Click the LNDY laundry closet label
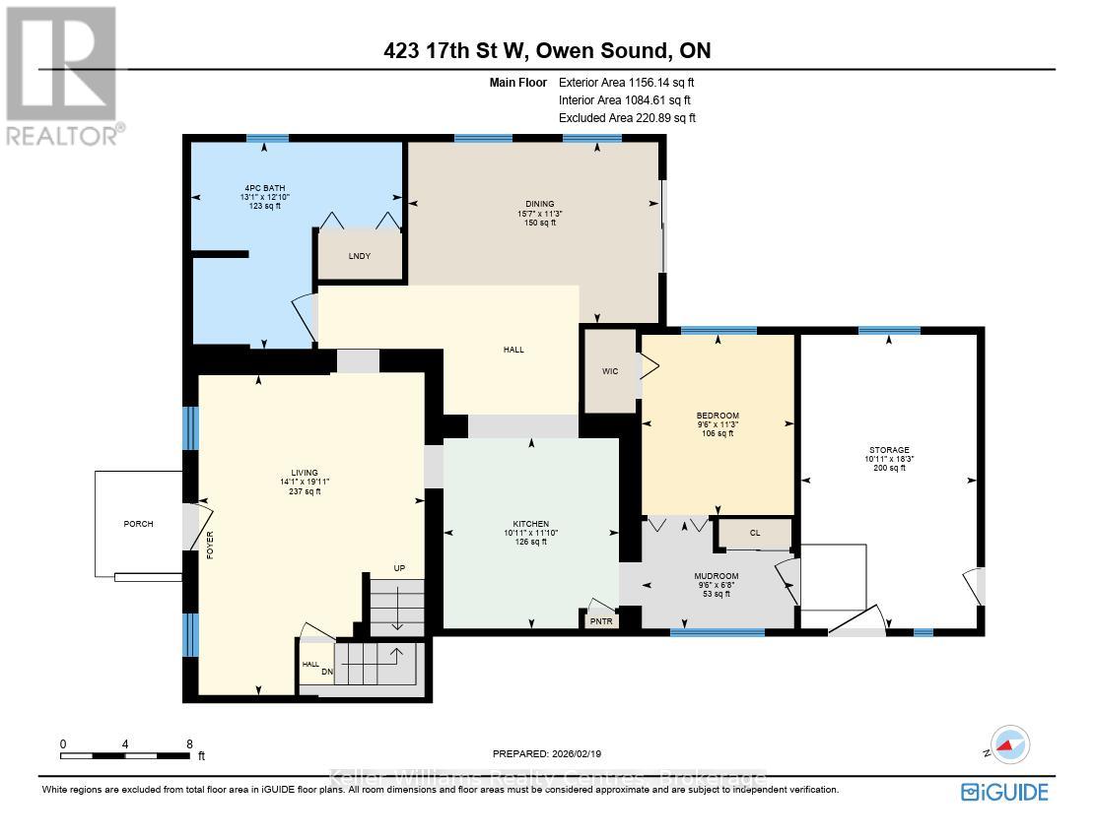coord(359,257)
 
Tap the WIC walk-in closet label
coord(609,372)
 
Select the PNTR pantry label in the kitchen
coord(600,621)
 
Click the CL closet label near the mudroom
coord(755,533)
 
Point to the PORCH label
coord(138,524)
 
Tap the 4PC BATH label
coord(265,187)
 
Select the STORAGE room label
coord(889,449)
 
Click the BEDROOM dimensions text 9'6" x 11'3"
coord(717,424)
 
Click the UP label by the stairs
coord(399,568)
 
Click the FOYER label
coord(210,545)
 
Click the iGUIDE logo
coord(1003,792)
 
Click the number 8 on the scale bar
coord(188,744)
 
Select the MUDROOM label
coord(717,576)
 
